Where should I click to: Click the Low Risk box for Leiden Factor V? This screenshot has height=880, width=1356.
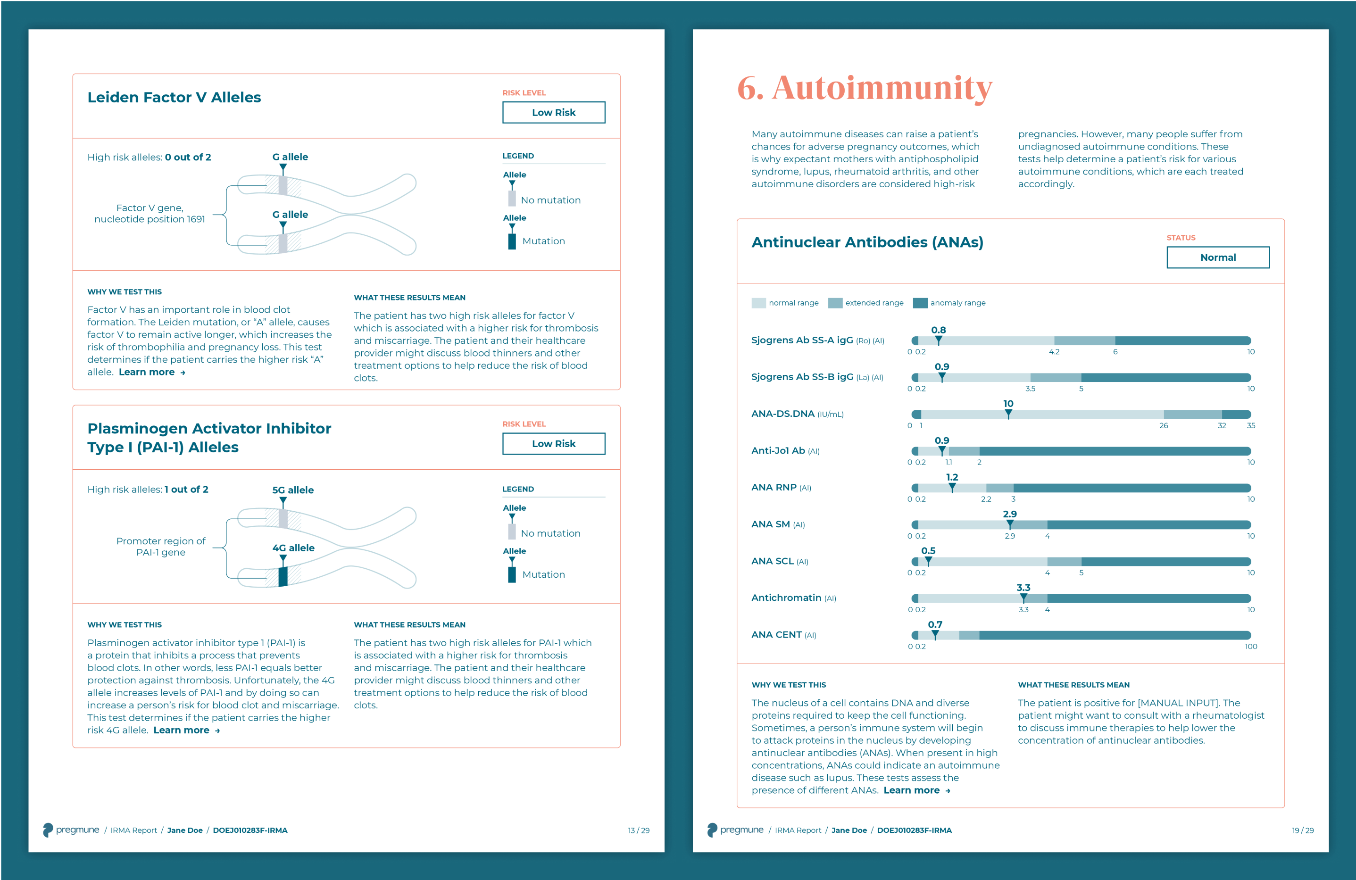coord(553,112)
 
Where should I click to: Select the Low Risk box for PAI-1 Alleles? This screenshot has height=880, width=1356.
coord(553,444)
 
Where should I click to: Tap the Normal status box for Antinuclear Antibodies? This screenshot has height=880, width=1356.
coord(1217,257)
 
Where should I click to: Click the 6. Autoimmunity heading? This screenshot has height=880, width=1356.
coord(865,88)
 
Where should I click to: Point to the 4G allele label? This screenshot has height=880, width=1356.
coord(293,548)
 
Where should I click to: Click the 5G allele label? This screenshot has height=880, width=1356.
coord(293,490)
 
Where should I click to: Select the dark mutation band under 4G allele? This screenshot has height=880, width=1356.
coord(283,576)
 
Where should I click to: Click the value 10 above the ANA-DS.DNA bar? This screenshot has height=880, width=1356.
coord(1008,404)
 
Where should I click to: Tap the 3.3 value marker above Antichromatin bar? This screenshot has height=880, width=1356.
coord(1023,588)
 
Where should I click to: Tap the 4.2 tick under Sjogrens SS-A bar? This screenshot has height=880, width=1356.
coord(1054,352)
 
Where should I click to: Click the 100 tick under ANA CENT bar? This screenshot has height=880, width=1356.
coord(1251,647)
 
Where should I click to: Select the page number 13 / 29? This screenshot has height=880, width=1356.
coord(638,830)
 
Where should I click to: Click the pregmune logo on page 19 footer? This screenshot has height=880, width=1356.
coord(734,830)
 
